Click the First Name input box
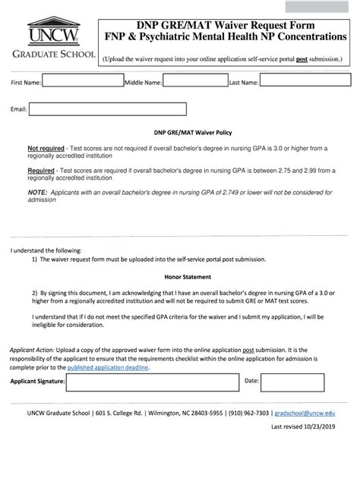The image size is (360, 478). point(82,82)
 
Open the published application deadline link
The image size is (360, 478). point(109,367)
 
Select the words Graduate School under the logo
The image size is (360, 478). point(51,55)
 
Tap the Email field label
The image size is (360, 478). point(18,110)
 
